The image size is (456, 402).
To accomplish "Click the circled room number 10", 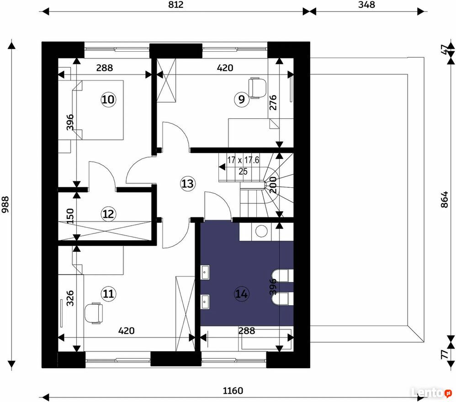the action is click(x=108, y=100).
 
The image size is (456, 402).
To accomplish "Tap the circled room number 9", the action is click(x=241, y=100).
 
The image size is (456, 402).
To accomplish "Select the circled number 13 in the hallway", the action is click(x=188, y=184).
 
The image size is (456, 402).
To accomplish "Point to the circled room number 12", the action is click(x=108, y=214).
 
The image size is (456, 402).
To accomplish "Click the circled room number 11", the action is click(x=108, y=294).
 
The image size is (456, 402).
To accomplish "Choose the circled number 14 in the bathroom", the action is click(x=241, y=294).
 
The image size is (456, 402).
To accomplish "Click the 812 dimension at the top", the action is click(x=175, y=5).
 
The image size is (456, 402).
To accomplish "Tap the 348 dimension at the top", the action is click(x=366, y=5).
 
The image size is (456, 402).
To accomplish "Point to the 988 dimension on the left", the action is click(x=5, y=205).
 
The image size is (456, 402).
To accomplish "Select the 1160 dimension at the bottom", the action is click(x=233, y=391).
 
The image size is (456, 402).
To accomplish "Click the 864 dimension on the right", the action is click(x=445, y=200).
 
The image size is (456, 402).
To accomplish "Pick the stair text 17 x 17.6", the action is click(x=243, y=160).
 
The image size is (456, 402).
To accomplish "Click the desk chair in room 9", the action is click(x=257, y=87).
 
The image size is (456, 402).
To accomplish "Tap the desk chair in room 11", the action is click(x=94, y=313).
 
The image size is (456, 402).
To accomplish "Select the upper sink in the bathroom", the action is click(x=205, y=272).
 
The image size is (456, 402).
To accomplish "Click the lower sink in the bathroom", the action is click(x=205, y=301).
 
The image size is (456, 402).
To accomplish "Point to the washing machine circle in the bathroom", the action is click(x=261, y=231).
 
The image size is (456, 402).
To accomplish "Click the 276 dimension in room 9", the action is click(x=273, y=103).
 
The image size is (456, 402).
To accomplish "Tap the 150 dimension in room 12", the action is click(x=70, y=216).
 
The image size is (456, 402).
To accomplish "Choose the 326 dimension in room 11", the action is click(x=70, y=298).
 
